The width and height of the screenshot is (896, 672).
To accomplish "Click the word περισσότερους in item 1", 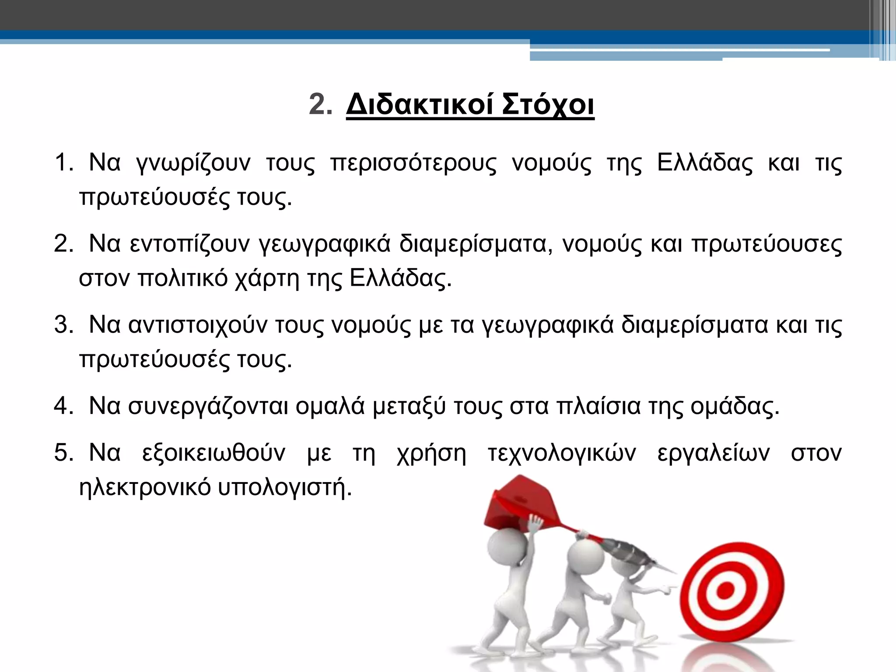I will [x=413, y=163].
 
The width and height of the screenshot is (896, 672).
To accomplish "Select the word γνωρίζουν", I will [x=193, y=163].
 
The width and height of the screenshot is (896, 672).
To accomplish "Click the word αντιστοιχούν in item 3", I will [x=197, y=325].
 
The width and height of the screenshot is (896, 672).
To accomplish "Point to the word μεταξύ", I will [x=409, y=406].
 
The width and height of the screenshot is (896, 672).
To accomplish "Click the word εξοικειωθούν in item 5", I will [x=213, y=453].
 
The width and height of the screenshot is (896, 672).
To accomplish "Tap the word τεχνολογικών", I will [x=561, y=453].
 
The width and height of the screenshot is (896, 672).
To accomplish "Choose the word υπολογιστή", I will [x=282, y=487].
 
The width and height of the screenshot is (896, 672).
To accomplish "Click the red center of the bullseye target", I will [x=725, y=591].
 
